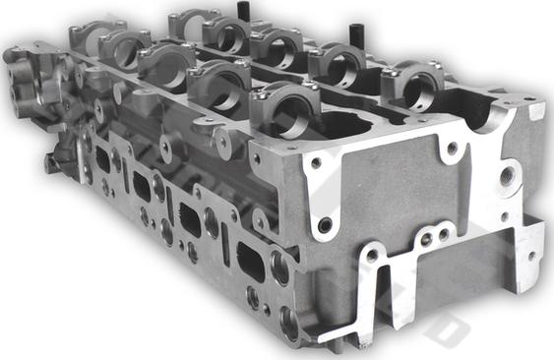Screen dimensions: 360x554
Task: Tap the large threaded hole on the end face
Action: coord(507,178)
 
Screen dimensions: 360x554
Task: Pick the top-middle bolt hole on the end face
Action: coord(451,150)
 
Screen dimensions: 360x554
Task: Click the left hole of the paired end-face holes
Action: coord(425,239)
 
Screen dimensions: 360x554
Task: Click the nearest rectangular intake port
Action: coord(251,261)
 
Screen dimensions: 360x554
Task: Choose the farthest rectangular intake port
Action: coord(102,160)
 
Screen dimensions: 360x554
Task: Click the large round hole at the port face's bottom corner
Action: coord(288,321)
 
